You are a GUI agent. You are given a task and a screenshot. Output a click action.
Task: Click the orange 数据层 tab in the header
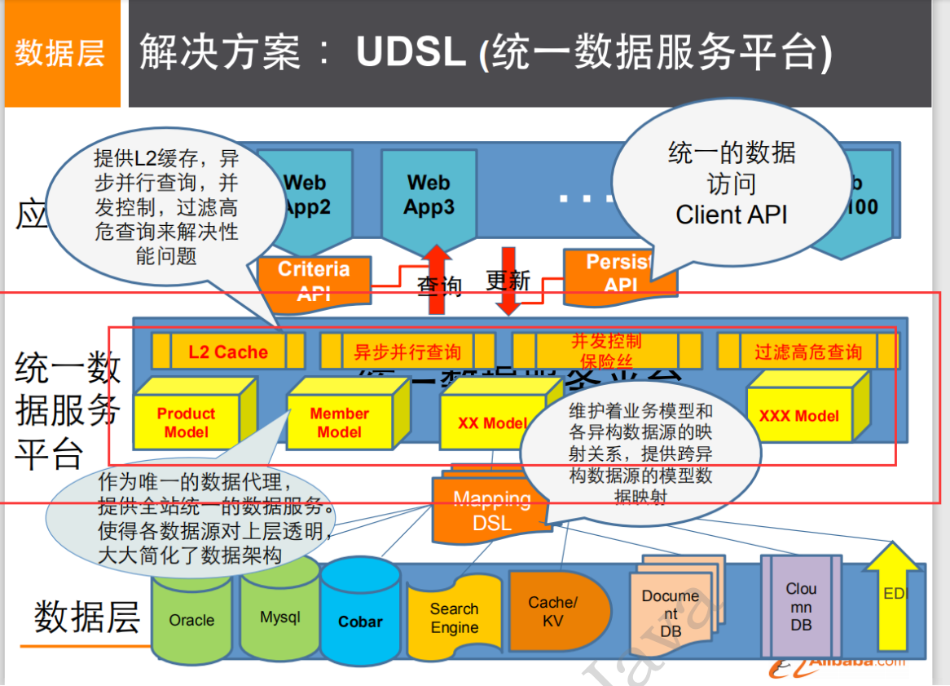click(61, 54)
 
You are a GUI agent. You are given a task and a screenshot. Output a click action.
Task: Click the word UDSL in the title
click(411, 53)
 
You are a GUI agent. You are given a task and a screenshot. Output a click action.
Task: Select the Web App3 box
click(429, 196)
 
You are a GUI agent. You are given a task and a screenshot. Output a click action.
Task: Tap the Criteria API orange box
click(314, 281)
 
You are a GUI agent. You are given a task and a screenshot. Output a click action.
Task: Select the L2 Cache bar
click(227, 352)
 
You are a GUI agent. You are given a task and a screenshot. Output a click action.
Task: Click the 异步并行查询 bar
click(407, 352)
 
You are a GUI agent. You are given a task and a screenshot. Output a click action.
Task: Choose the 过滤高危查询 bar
click(807, 352)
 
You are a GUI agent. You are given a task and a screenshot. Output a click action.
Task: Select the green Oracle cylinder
click(192, 620)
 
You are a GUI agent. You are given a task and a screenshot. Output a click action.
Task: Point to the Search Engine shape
click(454, 618)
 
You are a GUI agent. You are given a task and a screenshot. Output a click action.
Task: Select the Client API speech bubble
click(731, 184)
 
